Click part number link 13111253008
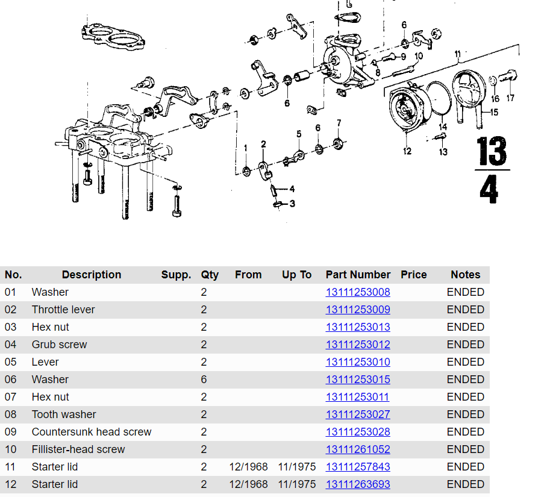(358, 292)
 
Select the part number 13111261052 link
(358, 449)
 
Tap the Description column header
(92, 275)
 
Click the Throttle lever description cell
(63, 310)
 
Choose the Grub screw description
(59, 345)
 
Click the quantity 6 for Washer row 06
(204, 380)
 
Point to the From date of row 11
(248, 467)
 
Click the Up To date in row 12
(296, 484)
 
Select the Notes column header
(466, 275)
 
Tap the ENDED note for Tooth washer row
(466, 414)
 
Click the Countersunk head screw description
(92, 432)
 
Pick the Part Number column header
(358, 275)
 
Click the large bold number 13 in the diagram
(492, 152)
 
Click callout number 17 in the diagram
(510, 98)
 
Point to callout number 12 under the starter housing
(407, 151)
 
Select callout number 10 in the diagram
(419, 56)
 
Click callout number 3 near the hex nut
(292, 204)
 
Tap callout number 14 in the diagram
(443, 127)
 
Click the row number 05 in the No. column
(11, 362)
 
